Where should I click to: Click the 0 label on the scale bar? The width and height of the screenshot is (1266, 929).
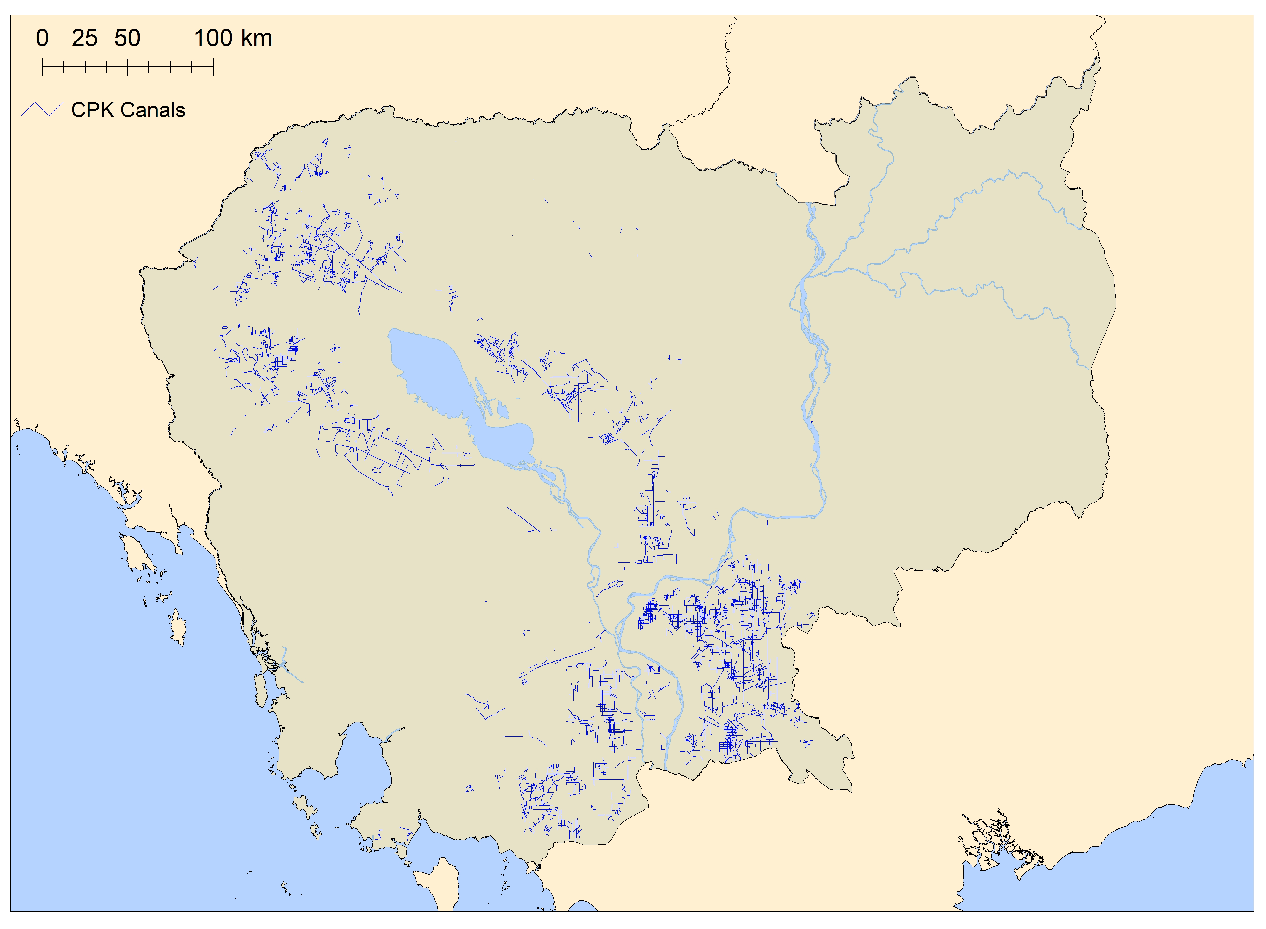coord(42,38)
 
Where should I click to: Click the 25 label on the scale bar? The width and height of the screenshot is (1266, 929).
coord(84,38)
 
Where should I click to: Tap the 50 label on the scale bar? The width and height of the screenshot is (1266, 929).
coord(127,38)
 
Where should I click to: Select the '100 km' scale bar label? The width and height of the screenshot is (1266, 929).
coord(233,38)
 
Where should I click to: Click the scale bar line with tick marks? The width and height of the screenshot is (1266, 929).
coord(128,68)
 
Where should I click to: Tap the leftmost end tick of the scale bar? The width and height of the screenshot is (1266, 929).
coord(42,68)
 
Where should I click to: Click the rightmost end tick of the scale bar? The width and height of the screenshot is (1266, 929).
coord(213,68)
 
